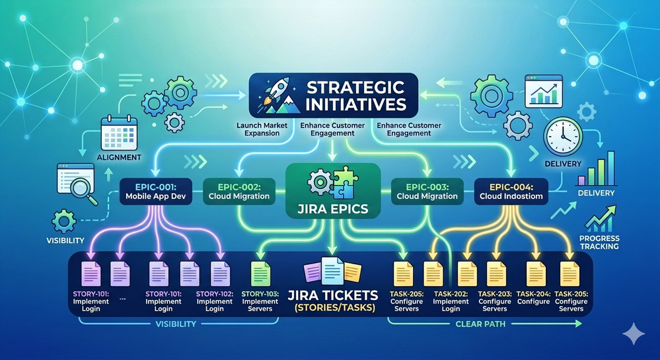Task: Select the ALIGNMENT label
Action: click(119, 158)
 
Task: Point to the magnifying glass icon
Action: click(85, 192)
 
